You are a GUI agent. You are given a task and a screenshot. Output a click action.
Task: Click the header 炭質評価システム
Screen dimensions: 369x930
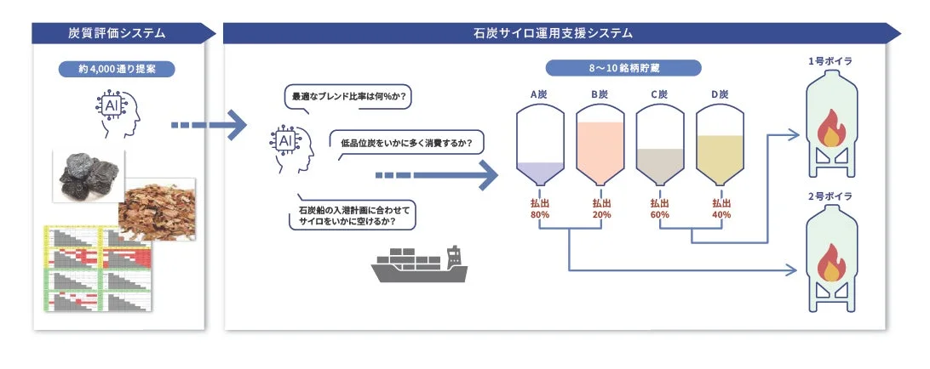(x=117, y=33)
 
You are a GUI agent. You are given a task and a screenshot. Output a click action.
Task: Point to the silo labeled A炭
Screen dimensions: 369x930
(x=541, y=145)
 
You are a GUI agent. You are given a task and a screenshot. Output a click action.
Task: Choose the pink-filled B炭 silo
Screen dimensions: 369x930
(x=600, y=145)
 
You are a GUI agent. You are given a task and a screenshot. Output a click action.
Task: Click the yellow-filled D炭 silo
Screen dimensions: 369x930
(x=720, y=145)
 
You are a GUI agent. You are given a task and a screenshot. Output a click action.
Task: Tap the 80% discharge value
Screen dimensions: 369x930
(x=541, y=215)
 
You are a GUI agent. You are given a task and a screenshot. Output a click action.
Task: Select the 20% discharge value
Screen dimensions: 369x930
(x=600, y=215)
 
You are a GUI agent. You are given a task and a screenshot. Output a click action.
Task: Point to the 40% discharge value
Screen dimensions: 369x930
(x=720, y=215)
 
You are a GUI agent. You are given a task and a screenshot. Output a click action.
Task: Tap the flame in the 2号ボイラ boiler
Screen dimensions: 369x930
(x=829, y=263)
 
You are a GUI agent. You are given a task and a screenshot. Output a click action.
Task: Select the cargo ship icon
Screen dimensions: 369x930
(x=421, y=264)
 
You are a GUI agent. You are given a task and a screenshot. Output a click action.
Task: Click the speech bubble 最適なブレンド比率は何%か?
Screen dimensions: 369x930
(x=348, y=96)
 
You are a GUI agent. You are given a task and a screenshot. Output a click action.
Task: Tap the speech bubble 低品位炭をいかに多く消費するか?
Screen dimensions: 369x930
(x=406, y=141)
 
